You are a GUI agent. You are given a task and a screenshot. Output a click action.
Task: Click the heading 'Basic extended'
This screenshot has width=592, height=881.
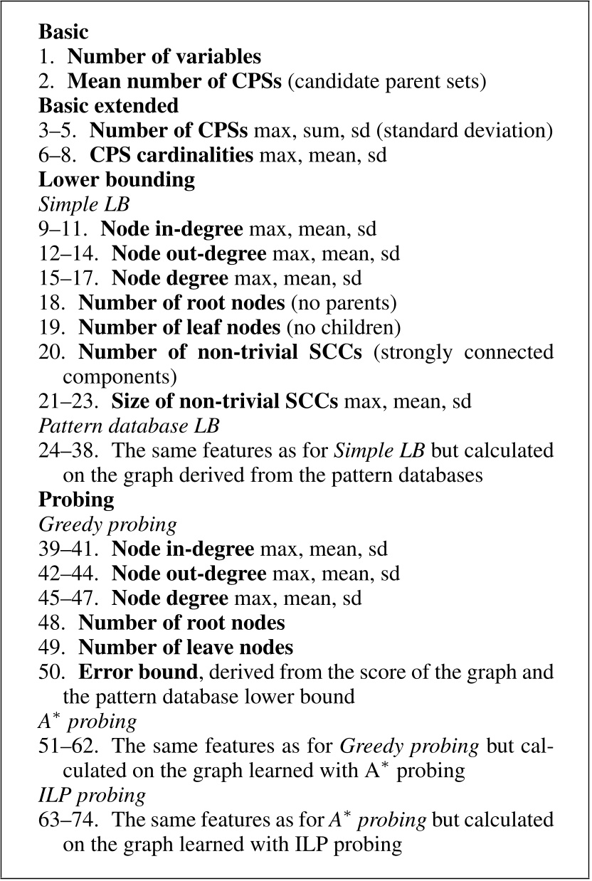pyautogui.click(x=108, y=106)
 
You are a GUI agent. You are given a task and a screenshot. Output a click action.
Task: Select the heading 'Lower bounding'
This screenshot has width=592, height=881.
pyautogui.click(x=117, y=179)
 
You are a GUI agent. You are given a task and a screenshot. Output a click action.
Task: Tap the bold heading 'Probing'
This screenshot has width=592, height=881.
pyautogui.click(x=76, y=500)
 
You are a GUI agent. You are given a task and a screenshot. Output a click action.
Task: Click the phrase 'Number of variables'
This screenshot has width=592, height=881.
pyautogui.click(x=164, y=56)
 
